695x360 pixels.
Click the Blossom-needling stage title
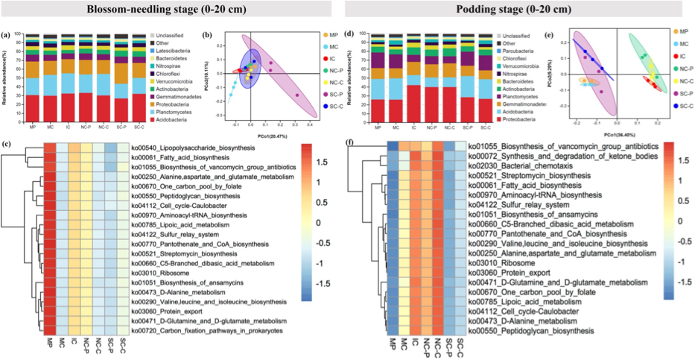[174, 10]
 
